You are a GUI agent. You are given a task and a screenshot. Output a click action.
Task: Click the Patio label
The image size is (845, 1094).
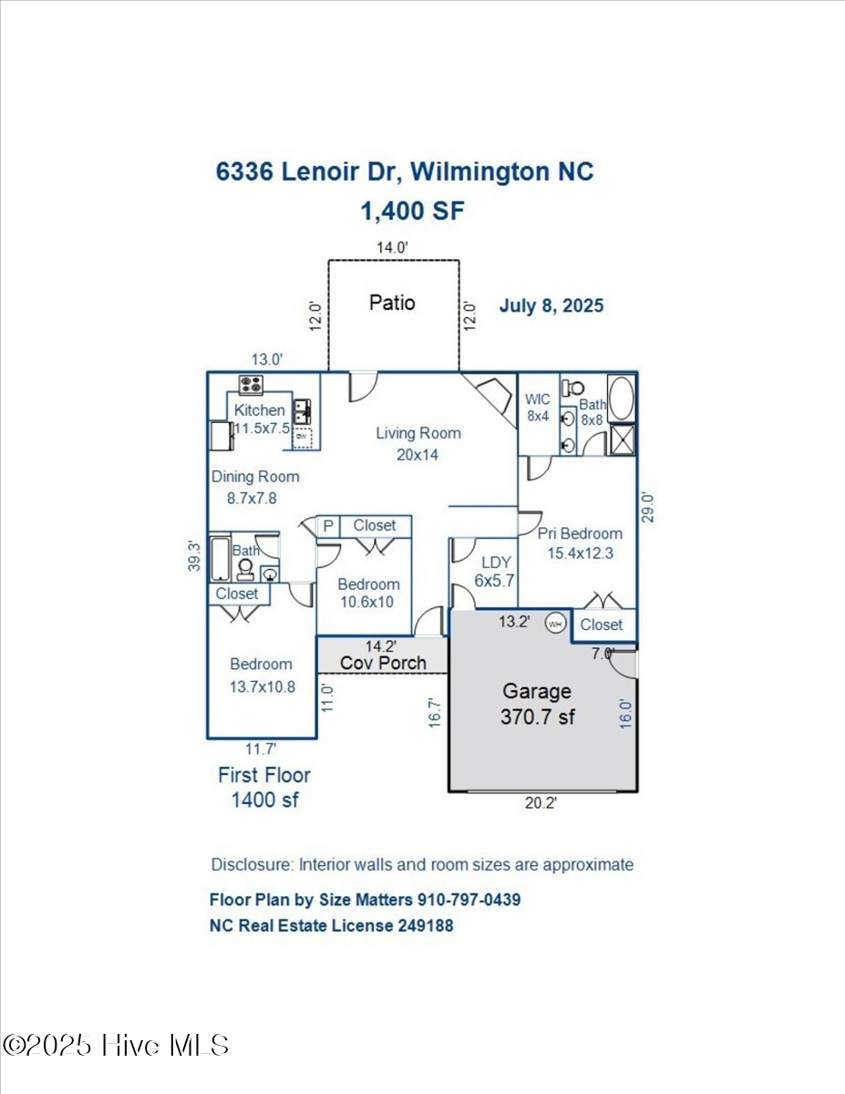(392, 302)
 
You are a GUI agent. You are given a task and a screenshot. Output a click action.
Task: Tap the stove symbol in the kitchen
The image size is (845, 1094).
(251, 385)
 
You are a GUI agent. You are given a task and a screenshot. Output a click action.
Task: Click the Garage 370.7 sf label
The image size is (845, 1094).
(537, 704)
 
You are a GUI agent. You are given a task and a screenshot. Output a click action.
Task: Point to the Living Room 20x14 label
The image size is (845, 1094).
(418, 443)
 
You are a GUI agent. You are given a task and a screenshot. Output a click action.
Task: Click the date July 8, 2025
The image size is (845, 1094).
(551, 305)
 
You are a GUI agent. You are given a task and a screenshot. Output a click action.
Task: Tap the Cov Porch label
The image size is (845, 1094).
(383, 663)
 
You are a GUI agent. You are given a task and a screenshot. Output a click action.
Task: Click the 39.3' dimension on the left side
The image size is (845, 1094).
(193, 556)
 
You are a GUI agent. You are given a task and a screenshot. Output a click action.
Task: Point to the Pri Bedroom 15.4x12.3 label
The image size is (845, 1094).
(580, 543)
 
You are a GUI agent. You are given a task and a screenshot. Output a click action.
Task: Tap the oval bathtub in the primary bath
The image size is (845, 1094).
(622, 397)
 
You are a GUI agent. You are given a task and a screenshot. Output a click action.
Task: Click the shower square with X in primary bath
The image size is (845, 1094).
(622, 439)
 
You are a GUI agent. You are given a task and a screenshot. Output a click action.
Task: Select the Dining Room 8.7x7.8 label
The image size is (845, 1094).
(255, 487)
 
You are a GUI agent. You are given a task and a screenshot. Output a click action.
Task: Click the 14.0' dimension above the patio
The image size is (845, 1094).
(393, 247)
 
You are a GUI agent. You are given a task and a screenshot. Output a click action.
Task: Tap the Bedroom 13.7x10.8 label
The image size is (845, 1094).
(262, 676)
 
